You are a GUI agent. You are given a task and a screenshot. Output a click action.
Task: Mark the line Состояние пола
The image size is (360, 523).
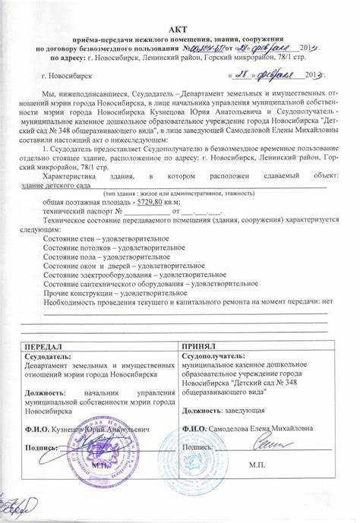96,257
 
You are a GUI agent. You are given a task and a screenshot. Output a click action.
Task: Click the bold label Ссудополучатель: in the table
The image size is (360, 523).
213,354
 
